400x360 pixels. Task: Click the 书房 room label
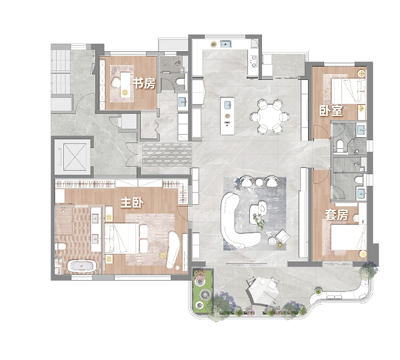[x=144, y=83]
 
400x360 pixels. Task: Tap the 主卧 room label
[x=132, y=203]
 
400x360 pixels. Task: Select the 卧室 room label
[x=331, y=111]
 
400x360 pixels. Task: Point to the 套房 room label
[x=337, y=215]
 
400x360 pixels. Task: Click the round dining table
[x=270, y=117]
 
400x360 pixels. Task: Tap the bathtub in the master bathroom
[x=81, y=267]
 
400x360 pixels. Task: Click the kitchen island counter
[x=227, y=116]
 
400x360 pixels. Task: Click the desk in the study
[x=125, y=84]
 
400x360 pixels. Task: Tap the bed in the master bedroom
[x=122, y=238]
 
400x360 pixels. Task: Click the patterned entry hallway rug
[x=167, y=155]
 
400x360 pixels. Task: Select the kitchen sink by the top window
[x=226, y=44]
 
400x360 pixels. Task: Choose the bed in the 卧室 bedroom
[x=349, y=91]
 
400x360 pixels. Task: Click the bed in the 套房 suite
[x=349, y=237]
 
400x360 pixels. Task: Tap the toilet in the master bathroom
[x=60, y=247]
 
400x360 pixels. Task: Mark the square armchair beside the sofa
[x=283, y=237]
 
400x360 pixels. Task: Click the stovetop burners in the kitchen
[x=254, y=61]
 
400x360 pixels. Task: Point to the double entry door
[x=133, y=155]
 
